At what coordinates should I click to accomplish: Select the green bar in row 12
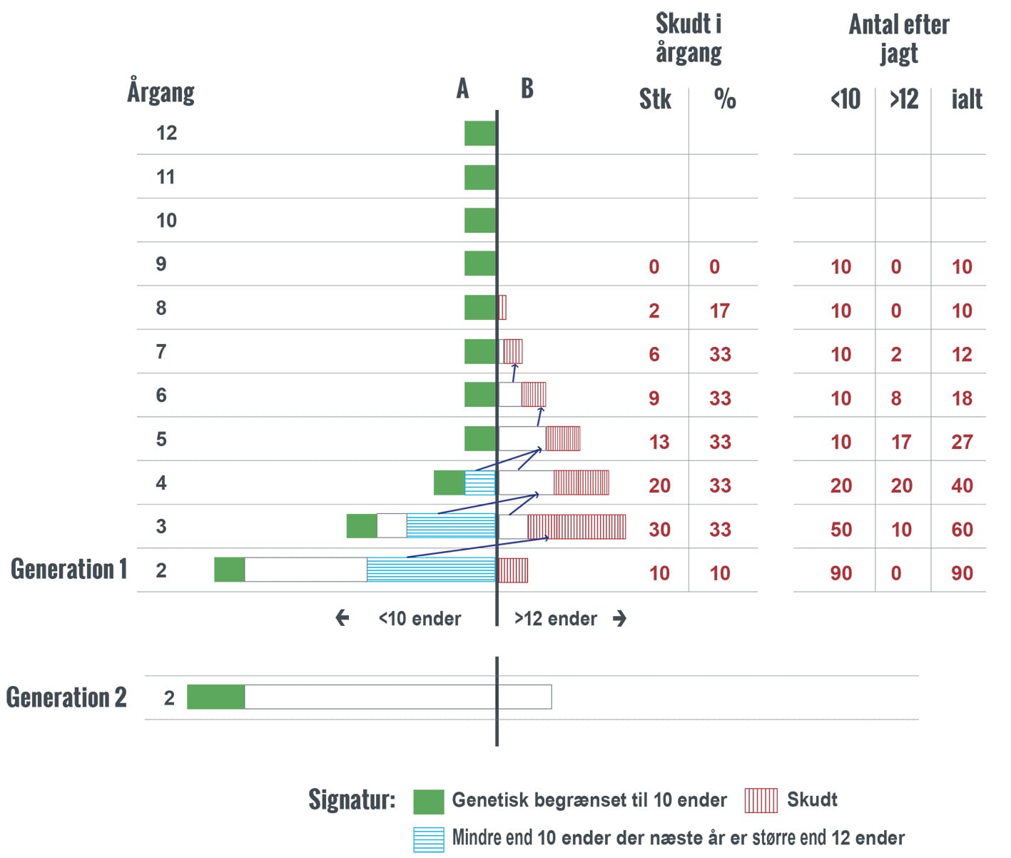pyautogui.click(x=479, y=133)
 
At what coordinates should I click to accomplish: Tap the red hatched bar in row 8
pyautogui.click(x=502, y=308)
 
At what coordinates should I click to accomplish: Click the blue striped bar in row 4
pyautogui.click(x=479, y=483)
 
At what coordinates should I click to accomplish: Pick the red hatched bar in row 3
pyautogui.click(x=576, y=527)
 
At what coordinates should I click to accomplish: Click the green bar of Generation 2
pyautogui.click(x=215, y=697)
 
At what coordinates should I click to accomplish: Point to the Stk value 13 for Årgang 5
pyautogui.click(x=659, y=442)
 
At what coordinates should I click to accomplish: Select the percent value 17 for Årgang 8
pyautogui.click(x=719, y=311)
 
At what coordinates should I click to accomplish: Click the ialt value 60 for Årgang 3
pyautogui.click(x=961, y=530)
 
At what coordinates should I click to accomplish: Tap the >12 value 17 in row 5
pyautogui.click(x=900, y=442)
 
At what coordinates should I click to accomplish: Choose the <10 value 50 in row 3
pyautogui.click(x=840, y=530)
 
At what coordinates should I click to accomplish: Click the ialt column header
pyautogui.click(x=966, y=99)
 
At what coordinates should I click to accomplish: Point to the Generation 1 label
pyautogui.click(x=68, y=569)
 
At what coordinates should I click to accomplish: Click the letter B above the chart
pyautogui.click(x=527, y=89)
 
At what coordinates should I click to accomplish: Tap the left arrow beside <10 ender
pyautogui.click(x=342, y=618)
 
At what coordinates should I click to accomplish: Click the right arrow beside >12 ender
pyautogui.click(x=619, y=618)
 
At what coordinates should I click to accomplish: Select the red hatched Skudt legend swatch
pyautogui.click(x=761, y=800)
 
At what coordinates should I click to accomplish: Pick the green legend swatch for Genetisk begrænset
pyautogui.click(x=428, y=802)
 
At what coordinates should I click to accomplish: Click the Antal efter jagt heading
pyautogui.click(x=898, y=39)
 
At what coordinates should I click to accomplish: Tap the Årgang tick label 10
pyautogui.click(x=166, y=221)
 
